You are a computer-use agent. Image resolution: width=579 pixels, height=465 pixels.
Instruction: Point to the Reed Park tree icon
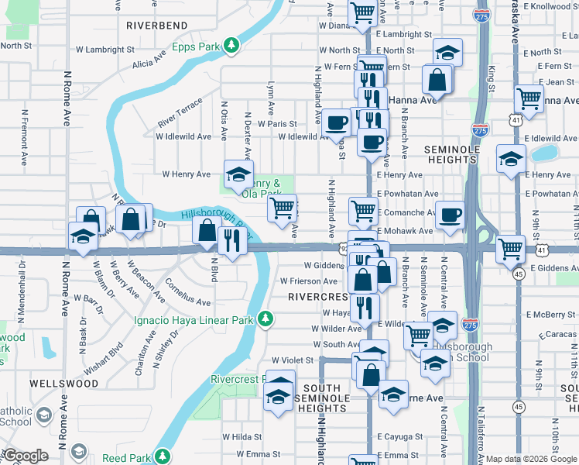163,457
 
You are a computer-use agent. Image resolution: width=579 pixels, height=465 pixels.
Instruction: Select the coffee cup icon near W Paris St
337,122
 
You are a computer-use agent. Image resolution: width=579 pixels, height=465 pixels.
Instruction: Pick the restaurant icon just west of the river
231,239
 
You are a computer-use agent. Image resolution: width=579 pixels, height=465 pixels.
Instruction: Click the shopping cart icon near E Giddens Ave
510,249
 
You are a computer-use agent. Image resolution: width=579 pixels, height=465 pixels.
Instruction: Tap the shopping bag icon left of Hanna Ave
437,78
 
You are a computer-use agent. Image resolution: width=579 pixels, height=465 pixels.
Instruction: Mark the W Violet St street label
293,360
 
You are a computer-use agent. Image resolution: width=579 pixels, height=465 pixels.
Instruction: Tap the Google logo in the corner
26,456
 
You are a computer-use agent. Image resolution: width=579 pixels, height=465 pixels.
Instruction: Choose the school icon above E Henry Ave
510,159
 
